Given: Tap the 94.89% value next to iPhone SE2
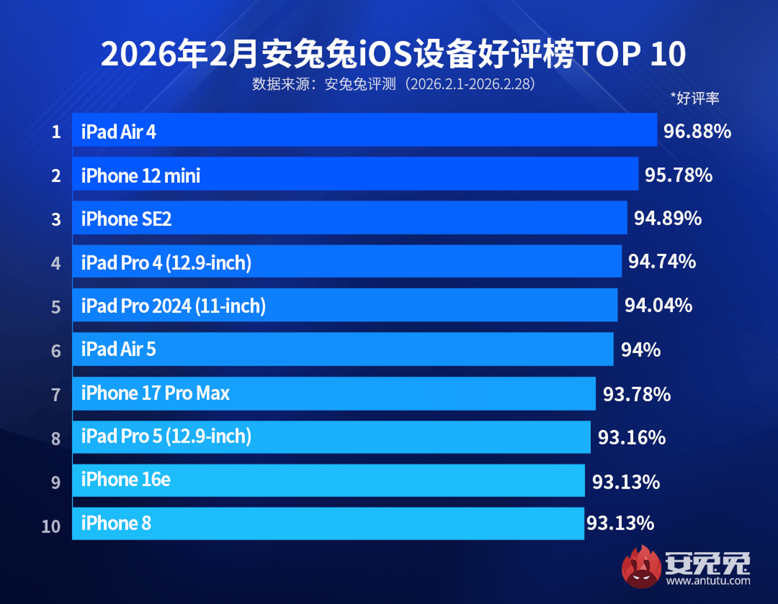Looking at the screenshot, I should coord(667,218).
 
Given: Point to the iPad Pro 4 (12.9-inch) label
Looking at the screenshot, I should coord(166,263).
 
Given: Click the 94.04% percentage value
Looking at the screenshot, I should coord(658,305).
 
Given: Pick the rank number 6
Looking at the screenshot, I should coord(56,351).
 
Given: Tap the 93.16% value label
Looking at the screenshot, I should coord(631,437).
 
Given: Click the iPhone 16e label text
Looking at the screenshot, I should coord(126,480).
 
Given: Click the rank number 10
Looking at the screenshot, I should coord(51,526).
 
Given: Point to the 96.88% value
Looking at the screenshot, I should coord(697,131).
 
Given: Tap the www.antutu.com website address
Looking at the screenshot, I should coord(707,581).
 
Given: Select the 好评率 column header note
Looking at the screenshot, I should coord(695,98).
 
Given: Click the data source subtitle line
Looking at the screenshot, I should coord(393,84).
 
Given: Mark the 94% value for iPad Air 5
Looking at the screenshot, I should coord(640,350).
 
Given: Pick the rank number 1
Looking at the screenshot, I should coord(56,132).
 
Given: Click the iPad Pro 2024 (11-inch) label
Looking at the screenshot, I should coord(173,306).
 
